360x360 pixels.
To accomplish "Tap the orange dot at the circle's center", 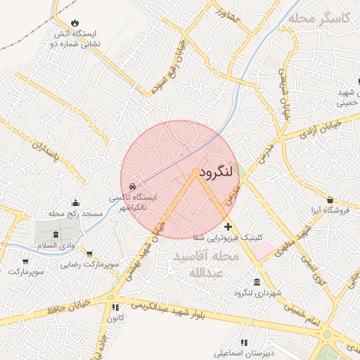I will (195, 172).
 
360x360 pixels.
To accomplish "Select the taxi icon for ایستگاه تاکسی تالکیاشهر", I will (133, 188).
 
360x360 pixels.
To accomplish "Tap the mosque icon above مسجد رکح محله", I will (76, 202).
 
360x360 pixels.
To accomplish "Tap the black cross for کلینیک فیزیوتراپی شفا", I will (228, 227).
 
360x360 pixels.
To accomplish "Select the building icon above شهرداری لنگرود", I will (255, 282).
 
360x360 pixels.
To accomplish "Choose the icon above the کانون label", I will (113, 308).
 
